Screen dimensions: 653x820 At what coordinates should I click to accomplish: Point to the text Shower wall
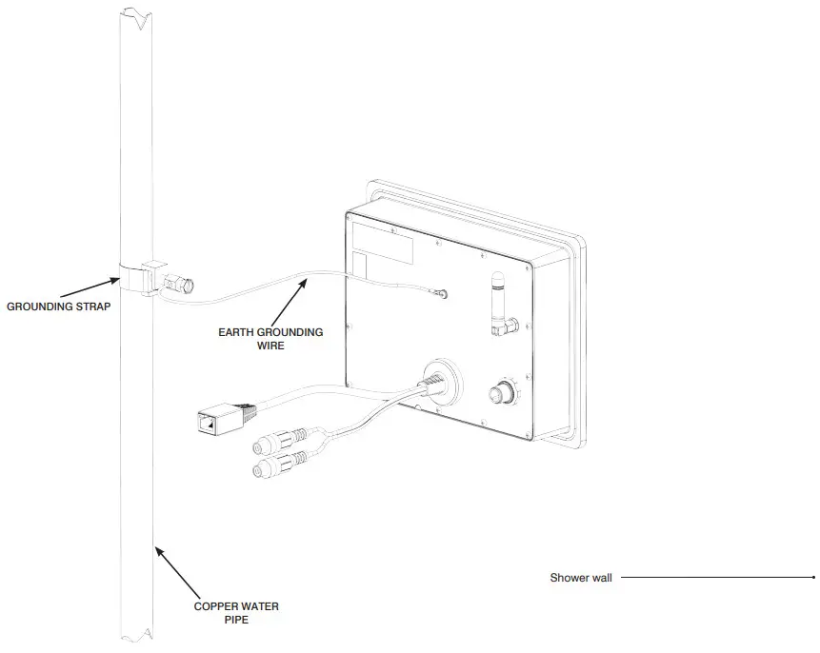(x=581, y=578)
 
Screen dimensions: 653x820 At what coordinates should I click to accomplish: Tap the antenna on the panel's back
(x=497, y=299)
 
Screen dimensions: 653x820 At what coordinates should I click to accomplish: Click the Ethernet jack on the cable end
(x=209, y=420)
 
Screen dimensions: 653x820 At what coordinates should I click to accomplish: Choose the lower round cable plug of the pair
(x=272, y=469)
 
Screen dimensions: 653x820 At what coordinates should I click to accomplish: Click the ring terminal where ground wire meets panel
(x=441, y=294)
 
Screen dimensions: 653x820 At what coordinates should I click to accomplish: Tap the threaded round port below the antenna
(x=500, y=392)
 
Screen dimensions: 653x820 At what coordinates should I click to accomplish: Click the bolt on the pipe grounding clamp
(x=182, y=283)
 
